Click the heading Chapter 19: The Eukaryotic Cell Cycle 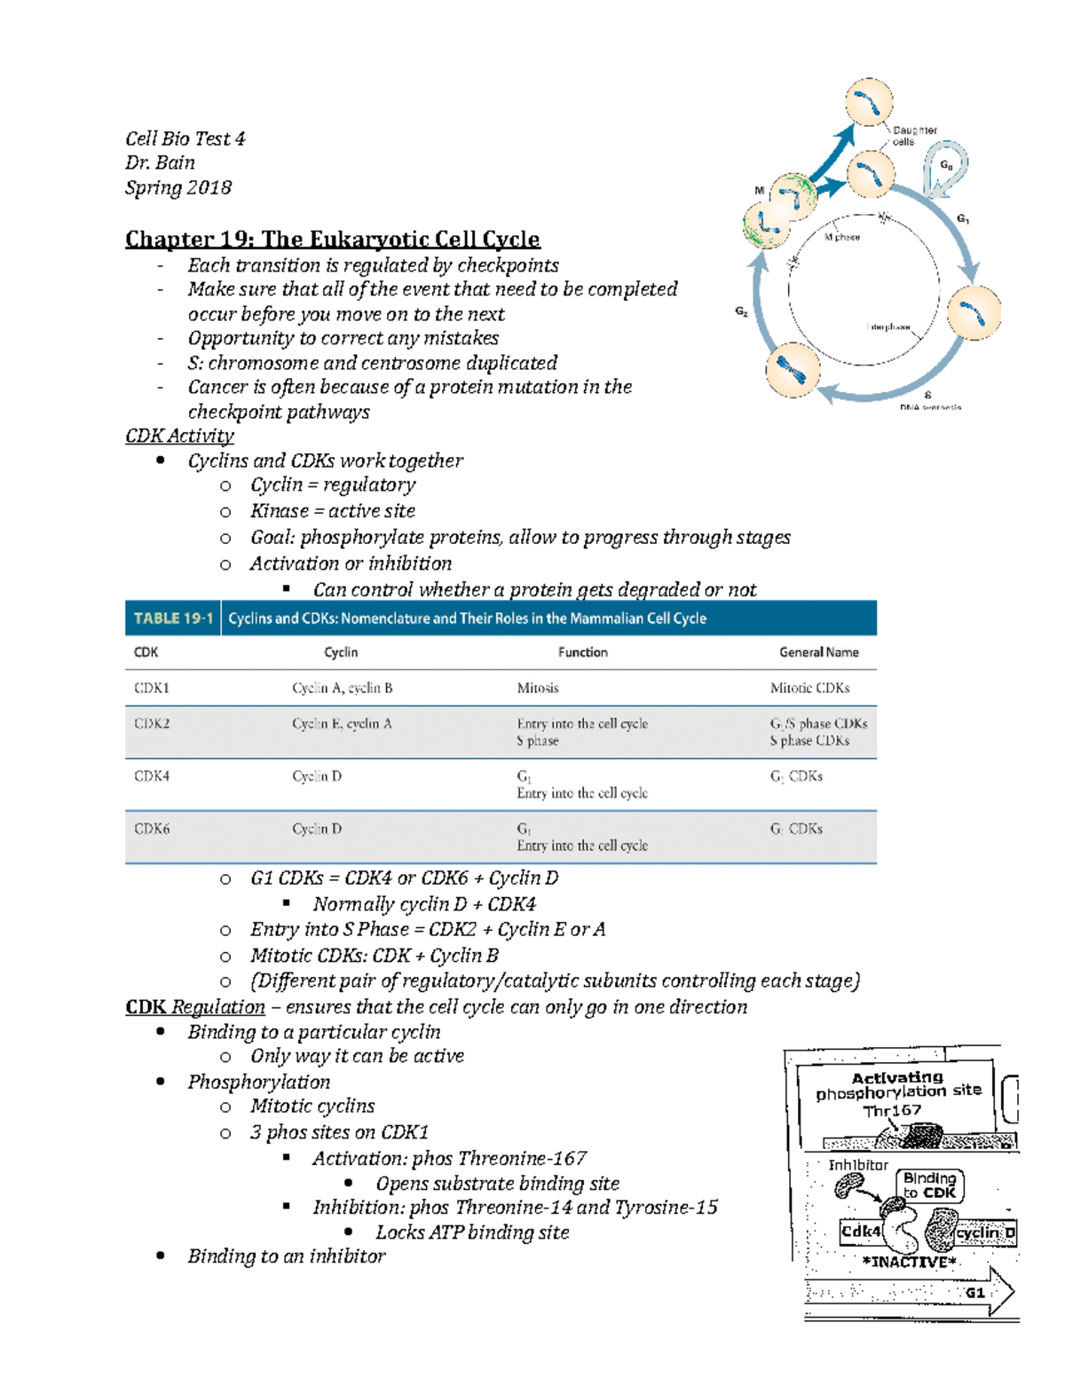click(x=332, y=240)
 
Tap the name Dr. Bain click(x=160, y=162)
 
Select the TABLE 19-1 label click(x=173, y=618)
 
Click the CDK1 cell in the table click(x=152, y=688)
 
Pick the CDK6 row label click(x=152, y=829)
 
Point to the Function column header click(x=582, y=652)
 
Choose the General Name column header click(x=818, y=652)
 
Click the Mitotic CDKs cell click(x=809, y=688)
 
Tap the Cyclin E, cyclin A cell click(x=342, y=723)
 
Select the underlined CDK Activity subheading click(x=179, y=436)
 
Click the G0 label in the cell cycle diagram click(x=946, y=166)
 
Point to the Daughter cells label click(x=914, y=136)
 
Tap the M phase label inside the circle click(x=841, y=237)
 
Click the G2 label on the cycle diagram click(x=741, y=311)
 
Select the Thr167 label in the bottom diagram click(x=892, y=1110)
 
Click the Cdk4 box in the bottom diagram click(x=860, y=1232)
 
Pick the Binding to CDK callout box click(x=929, y=1185)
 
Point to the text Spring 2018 click(x=178, y=187)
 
